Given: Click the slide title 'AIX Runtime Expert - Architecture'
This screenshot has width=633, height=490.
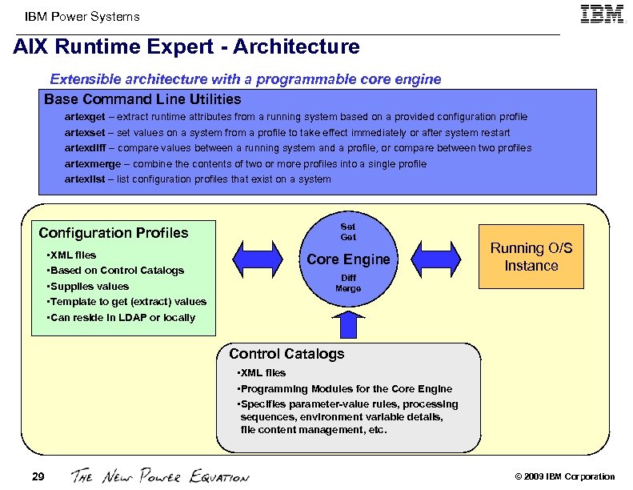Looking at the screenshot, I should (186, 47).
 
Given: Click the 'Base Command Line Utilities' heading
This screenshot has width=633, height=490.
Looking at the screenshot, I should (142, 100).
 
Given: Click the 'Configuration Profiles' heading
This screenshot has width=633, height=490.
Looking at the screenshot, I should (114, 233).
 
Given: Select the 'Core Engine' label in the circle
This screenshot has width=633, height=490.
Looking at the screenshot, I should (348, 259).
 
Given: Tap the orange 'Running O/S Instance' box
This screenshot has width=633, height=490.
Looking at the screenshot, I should (531, 258).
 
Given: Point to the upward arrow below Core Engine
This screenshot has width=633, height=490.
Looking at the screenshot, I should (349, 325).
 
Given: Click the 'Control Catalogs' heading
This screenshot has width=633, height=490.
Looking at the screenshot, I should (286, 354).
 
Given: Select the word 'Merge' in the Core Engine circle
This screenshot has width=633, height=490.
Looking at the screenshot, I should (348, 288).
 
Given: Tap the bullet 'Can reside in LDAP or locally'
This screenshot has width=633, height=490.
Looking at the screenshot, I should (122, 318).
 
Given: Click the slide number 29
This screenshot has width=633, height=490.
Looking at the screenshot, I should (38, 477).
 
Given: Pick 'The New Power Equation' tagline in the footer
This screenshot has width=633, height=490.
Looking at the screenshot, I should (160, 476).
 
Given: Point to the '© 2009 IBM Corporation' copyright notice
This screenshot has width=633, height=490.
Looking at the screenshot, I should (565, 477).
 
